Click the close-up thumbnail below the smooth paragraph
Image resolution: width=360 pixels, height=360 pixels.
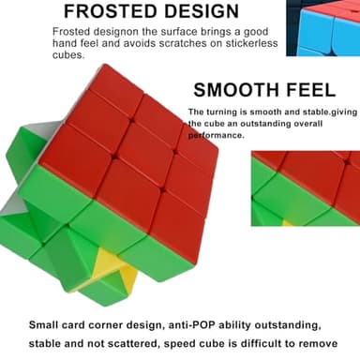(305, 187)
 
